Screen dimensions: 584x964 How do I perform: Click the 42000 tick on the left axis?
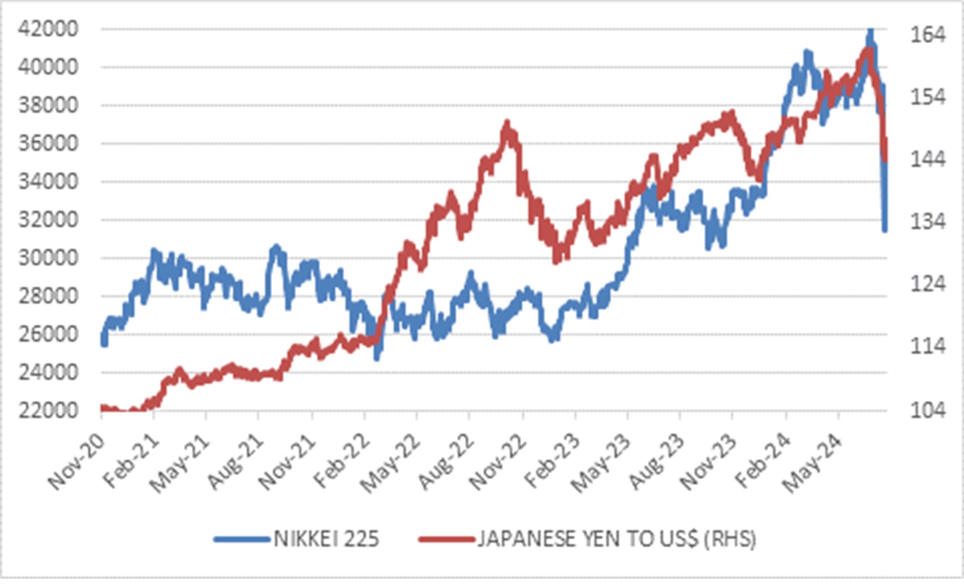[48, 28]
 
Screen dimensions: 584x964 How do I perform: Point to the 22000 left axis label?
[48, 410]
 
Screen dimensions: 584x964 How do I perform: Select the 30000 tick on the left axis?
[48, 258]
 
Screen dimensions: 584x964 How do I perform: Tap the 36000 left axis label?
[48, 143]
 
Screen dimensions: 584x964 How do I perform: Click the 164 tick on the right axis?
[928, 34]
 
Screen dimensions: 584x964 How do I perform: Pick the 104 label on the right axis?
[928, 410]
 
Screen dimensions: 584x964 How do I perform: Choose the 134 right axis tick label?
[928, 222]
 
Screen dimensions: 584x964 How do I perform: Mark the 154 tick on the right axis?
[928, 97]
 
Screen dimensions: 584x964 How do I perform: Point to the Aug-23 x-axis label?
[655, 462]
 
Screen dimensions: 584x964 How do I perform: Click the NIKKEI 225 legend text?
[326, 538]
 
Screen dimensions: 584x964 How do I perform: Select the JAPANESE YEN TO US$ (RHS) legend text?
[616, 538]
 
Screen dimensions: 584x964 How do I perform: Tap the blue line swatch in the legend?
[241, 539]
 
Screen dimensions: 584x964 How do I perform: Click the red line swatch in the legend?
[446, 539]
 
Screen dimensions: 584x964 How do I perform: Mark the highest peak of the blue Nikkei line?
[870, 30]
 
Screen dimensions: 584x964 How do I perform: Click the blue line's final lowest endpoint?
[885, 229]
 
